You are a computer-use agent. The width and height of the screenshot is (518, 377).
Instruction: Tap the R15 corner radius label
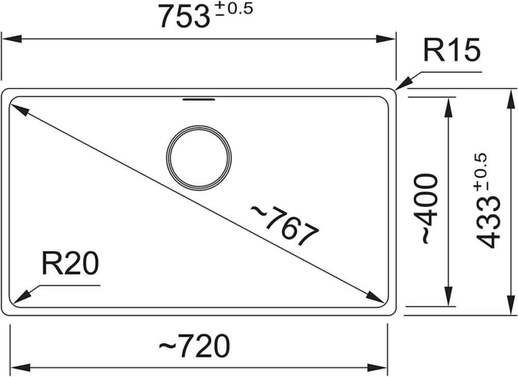click(451, 51)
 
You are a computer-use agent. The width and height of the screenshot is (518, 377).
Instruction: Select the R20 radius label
click(70, 263)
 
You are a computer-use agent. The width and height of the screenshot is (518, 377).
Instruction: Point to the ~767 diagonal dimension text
click(285, 225)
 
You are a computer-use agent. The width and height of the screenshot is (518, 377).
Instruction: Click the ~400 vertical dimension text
click(430, 209)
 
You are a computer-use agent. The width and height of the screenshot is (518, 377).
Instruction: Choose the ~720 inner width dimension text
click(194, 346)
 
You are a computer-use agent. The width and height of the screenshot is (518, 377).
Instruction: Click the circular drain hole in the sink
click(199, 158)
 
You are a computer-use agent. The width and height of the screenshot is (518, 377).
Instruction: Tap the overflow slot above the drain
click(199, 99)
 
